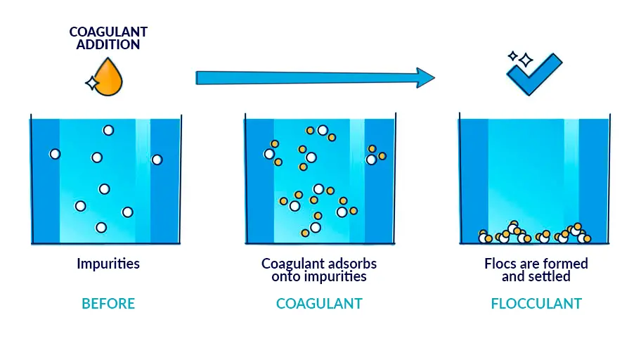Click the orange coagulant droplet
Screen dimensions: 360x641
[x=108, y=78]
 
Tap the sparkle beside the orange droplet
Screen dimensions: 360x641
[x=91, y=84]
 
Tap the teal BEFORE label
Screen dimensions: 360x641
[x=108, y=304]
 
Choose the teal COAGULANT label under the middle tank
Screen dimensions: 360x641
[x=319, y=304]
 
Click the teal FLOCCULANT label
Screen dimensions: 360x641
[x=536, y=304]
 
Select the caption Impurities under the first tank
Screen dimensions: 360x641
[x=108, y=264]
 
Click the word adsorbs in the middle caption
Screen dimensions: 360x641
[x=354, y=264]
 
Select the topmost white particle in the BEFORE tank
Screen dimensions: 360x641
[x=108, y=130]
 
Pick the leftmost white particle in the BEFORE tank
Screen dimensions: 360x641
[x=55, y=154]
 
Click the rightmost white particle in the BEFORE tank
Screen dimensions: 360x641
[x=157, y=160]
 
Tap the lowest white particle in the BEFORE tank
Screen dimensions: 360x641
[x=101, y=227]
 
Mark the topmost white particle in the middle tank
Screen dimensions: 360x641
[x=323, y=130]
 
